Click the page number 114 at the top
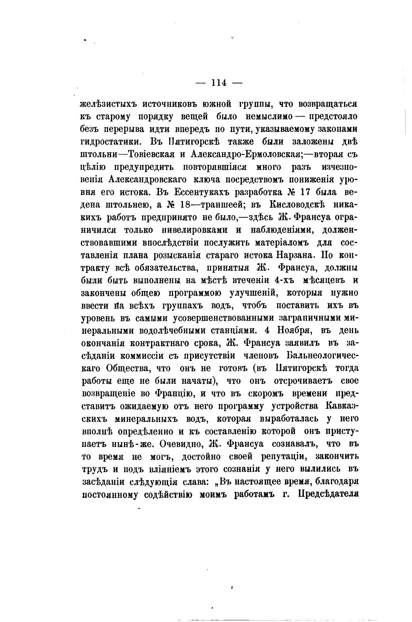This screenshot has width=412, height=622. pos(219,83)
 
